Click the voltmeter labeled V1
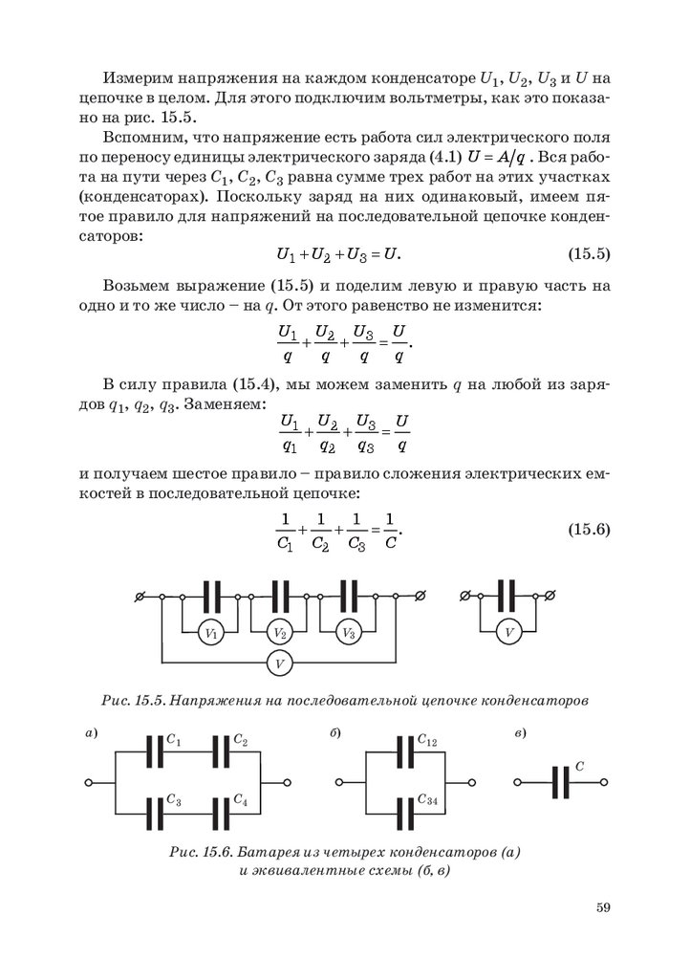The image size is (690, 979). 211,632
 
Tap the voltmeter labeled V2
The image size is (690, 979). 279,632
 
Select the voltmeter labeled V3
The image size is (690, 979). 348,632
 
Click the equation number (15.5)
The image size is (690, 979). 583,255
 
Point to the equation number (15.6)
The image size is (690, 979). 583,530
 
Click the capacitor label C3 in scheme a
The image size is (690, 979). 174,798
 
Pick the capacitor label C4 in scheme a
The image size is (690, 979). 241,798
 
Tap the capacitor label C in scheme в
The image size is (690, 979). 580,768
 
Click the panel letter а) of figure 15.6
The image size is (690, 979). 92,733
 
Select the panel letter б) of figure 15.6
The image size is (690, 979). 336,733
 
